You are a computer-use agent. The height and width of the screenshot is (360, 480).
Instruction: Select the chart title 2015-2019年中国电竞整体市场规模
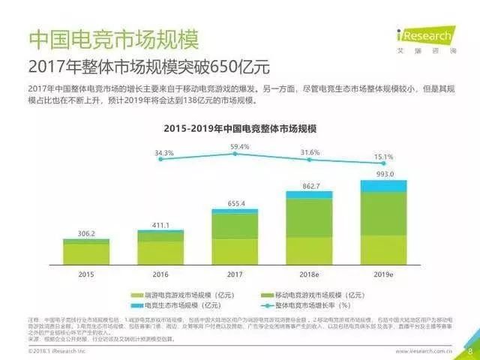tap(240, 129)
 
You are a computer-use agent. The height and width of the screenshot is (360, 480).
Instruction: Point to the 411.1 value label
tap(160, 224)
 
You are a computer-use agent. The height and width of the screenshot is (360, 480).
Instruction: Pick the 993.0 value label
tap(383, 173)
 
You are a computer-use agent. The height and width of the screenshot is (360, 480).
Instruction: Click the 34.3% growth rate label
tap(164, 153)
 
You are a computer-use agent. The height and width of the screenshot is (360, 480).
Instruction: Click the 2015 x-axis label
tap(85, 274)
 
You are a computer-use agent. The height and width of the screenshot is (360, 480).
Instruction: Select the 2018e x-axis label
tap(309, 274)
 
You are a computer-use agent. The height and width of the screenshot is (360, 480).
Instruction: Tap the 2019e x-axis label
tap(383, 274)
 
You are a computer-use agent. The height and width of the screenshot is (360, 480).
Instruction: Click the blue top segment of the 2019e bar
tap(383, 186)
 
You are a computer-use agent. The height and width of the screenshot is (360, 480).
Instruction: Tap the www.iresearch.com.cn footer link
tap(424, 350)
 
